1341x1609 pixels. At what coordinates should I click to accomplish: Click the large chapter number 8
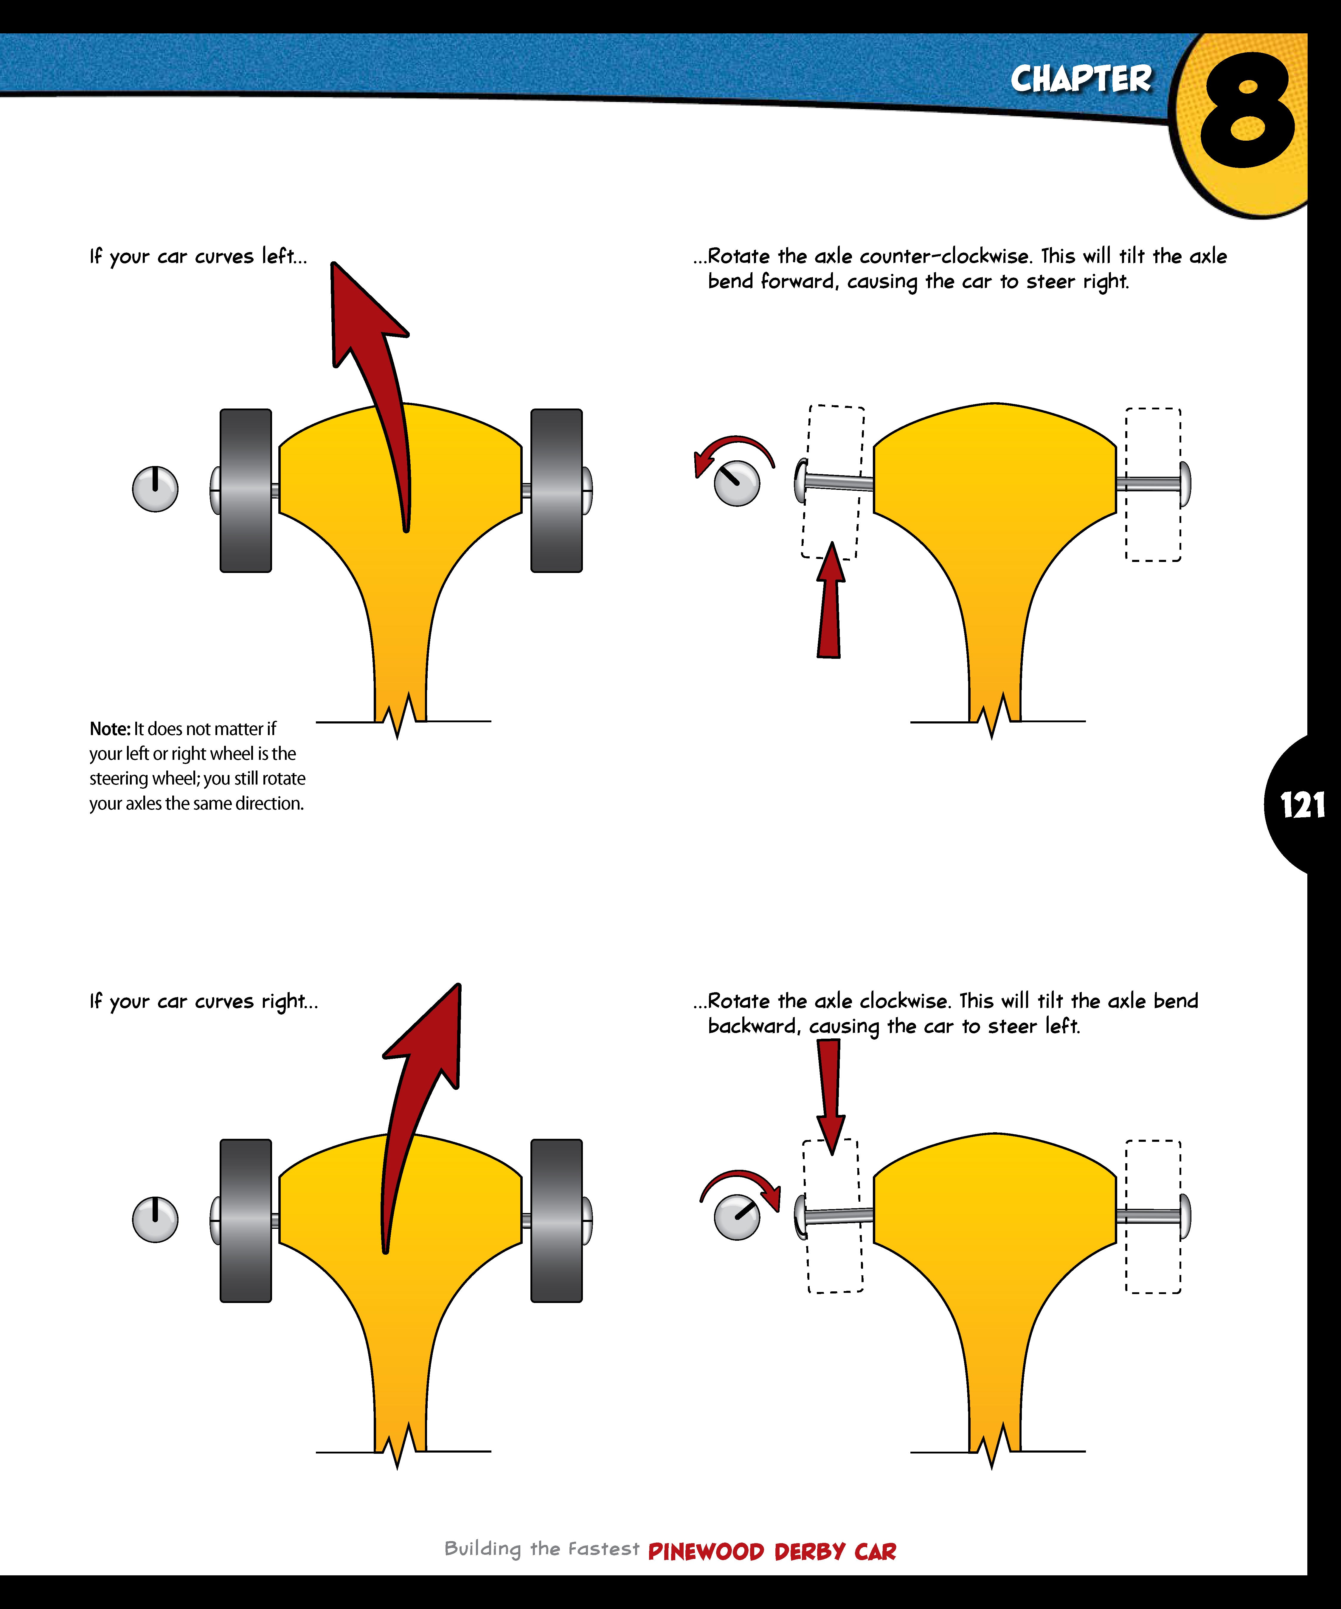pyautogui.click(x=1247, y=111)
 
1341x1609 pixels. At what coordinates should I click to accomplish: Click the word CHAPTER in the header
pyautogui.click(x=1081, y=79)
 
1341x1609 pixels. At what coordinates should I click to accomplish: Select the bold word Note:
pyautogui.click(x=110, y=729)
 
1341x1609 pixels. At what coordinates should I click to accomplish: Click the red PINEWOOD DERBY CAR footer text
pyautogui.click(x=772, y=1551)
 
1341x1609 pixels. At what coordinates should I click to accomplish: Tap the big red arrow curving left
pyautogui.click(x=375, y=368)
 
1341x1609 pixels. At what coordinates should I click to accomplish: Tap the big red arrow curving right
pyautogui.click(x=417, y=1088)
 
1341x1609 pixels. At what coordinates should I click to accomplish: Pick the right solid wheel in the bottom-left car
pyautogui.click(x=556, y=1220)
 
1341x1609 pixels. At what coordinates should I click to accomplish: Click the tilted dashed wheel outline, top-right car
pyautogui.click(x=833, y=483)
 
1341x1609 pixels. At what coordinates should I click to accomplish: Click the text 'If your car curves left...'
pyautogui.click(x=198, y=257)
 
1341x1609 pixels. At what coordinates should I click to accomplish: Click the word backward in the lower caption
pyautogui.click(x=754, y=1026)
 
